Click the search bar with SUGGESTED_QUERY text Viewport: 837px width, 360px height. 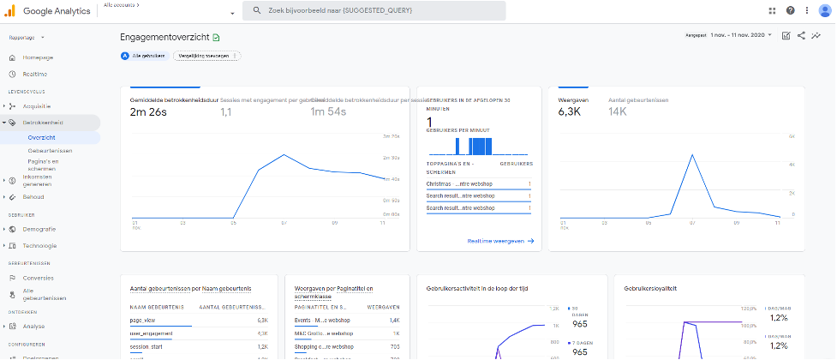pos(374,10)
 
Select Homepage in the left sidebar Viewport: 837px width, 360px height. pos(38,57)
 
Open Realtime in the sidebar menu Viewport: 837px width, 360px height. pos(35,75)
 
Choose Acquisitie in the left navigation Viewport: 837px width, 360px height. pos(37,106)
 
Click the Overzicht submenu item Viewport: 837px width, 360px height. pos(41,137)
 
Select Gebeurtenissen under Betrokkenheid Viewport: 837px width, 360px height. pos(49,150)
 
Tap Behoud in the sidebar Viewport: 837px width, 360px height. pos(33,196)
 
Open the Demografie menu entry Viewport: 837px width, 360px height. pos(39,229)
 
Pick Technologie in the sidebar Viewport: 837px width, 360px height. pos(40,245)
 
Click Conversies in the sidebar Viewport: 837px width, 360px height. pos(39,278)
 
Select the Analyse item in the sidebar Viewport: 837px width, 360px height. pos(34,327)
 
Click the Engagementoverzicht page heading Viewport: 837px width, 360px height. pos(165,37)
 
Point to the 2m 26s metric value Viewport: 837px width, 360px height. pos(149,112)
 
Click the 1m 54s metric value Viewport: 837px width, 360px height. pos(328,112)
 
